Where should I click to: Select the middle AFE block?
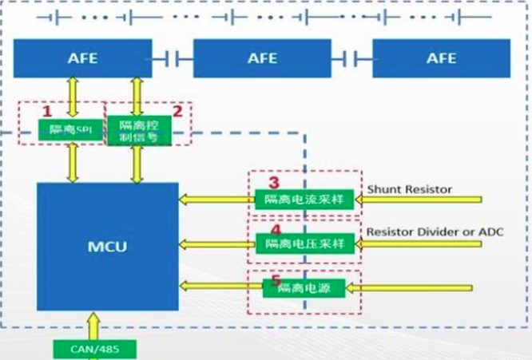coord(262,58)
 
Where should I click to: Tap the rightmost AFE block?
coord(441,58)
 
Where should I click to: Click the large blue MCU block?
coord(108,247)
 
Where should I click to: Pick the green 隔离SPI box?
coord(71,129)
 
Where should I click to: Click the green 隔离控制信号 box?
coord(138,129)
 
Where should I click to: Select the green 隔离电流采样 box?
coord(304,200)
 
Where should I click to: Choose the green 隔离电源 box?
coord(304,287)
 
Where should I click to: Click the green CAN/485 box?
coord(93,349)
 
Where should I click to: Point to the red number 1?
coord(46,110)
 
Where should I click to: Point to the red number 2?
coord(178,111)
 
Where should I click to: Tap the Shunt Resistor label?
coord(409,189)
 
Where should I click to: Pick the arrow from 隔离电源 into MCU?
coord(220,285)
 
